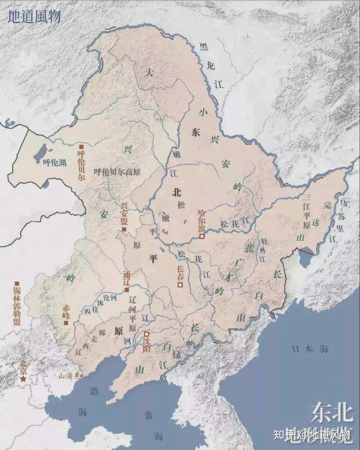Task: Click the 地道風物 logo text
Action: [x=34, y=17]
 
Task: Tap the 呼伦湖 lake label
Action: [x=55, y=162]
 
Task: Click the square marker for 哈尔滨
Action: [x=202, y=236]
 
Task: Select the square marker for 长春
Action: [x=180, y=285]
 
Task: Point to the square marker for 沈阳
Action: [x=146, y=334]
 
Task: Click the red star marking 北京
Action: [x=23, y=379]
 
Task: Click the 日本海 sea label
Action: [x=310, y=349]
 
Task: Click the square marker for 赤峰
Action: [x=66, y=323]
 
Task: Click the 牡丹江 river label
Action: [x=263, y=250]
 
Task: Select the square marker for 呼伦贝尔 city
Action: [x=81, y=146]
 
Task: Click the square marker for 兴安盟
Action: [x=124, y=230]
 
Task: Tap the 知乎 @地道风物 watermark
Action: [x=312, y=435]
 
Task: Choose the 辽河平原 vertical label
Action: [x=132, y=314]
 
